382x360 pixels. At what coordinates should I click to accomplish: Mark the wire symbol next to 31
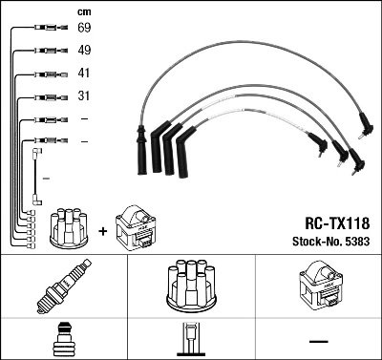[x=42, y=96]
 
